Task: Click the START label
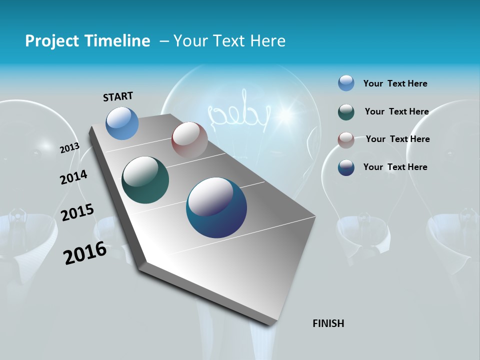[118, 96]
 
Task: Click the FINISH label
[328, 323]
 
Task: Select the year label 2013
[69, 148]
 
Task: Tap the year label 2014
[73, 177]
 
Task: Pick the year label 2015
[77, 212]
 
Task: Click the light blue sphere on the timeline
[122, 123]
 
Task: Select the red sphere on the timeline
[189, 139]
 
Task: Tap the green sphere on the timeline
[145, 180]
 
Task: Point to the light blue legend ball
[346, 83]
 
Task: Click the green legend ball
[346, 112]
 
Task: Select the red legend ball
[346, 140]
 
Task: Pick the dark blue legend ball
[346, 167]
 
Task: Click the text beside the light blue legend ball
[395, 83]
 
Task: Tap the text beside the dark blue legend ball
[395, 167]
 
